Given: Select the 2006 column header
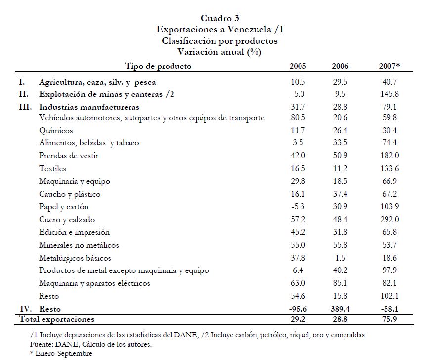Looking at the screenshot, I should [x=340, y=66].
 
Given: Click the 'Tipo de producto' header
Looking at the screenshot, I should [x=158, y=66].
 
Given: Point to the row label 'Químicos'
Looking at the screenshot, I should [x=56, y=131].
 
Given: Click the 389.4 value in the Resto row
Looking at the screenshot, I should [x=340, y=309].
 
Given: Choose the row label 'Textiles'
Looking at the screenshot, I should [x=52, y=169].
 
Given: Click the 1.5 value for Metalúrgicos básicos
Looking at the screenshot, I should [x=340, y=258].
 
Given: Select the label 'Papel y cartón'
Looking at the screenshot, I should [x=64, y=207].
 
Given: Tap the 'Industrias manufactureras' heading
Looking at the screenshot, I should [x=89, y=107].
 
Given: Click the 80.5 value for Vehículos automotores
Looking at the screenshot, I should [x=298, y=118].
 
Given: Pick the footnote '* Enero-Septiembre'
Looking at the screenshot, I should [x=61, y=353].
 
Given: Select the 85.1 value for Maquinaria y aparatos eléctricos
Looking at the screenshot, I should [x=340, y=283].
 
